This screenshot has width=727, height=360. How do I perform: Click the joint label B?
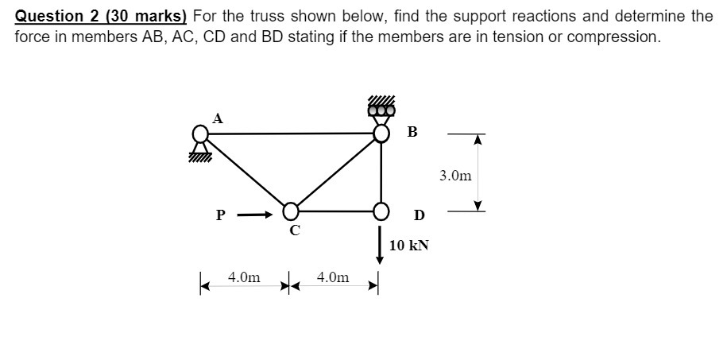pos(412,132)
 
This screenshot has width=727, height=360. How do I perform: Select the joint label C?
pos(294,230)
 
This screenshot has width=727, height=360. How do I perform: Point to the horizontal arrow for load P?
pos(255,213)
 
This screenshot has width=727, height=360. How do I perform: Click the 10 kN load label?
pos(409,245)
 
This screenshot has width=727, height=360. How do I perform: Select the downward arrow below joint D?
pos(380,242)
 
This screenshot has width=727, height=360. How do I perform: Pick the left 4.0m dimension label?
pos(244,277)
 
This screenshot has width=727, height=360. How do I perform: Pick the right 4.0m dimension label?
pos(332,277)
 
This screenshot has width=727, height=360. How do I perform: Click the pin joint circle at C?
pos(292,211)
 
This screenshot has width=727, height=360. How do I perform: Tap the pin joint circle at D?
pos(381,211)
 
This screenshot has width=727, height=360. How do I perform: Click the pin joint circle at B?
pos(381,133)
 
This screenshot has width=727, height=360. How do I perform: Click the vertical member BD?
pos(381,172)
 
